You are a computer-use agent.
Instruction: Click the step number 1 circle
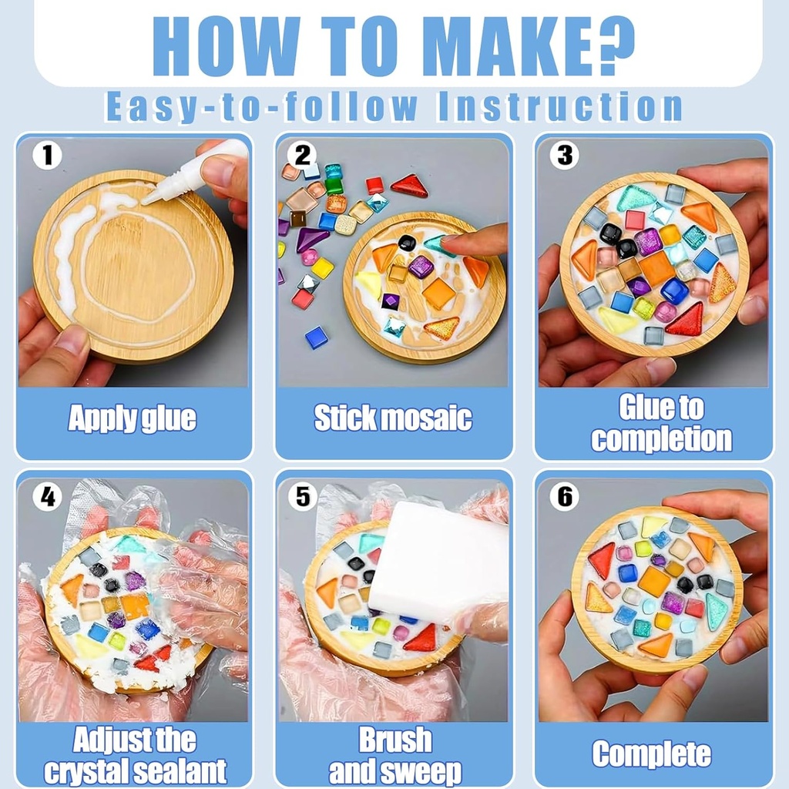tap(47, 154)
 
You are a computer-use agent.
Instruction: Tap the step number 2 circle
tap(302, 154)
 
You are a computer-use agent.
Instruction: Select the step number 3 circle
tap(564, 154)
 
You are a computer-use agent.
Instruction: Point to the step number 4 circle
tap(47, 497)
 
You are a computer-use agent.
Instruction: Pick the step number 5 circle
tap(302, 497)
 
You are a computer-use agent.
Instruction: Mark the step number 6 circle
tap(564, 497)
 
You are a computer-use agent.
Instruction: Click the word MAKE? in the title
tap(533, 45)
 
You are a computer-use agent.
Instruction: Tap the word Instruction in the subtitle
tap(560, 106)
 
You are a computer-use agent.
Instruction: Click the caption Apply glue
tap(132, 418)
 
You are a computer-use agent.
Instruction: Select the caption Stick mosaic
tap(393, 418)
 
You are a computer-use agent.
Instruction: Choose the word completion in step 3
tap(661, 438)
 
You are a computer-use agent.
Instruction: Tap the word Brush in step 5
tap(395, 740)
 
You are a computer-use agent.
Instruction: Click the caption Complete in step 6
tap(652, 754)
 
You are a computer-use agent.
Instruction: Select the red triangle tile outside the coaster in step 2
tap(409, 186)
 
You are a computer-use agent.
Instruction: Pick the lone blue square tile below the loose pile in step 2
tap(317, 337)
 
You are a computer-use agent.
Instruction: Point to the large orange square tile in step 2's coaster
tap(438, 293)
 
